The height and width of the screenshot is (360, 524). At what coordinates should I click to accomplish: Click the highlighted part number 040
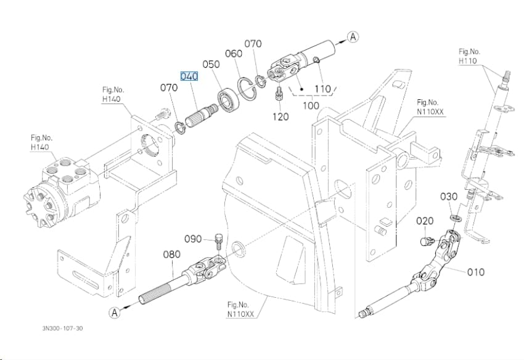point(189,76)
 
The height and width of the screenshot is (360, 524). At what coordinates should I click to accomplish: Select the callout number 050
point(211,64)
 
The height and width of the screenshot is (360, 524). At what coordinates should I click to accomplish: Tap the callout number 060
point(234,54)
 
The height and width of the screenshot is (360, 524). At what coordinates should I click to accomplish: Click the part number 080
point(172,255)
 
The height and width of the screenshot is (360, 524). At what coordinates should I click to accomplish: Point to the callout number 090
point(193,239)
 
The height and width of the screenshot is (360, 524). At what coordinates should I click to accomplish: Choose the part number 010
point(475,272)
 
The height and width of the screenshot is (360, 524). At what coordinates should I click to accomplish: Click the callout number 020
point(425,221)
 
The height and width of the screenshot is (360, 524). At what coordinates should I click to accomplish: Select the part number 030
point(448,197)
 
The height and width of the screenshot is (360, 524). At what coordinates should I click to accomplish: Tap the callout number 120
point(280,117)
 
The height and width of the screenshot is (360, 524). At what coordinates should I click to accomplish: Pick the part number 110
point(323,89)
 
